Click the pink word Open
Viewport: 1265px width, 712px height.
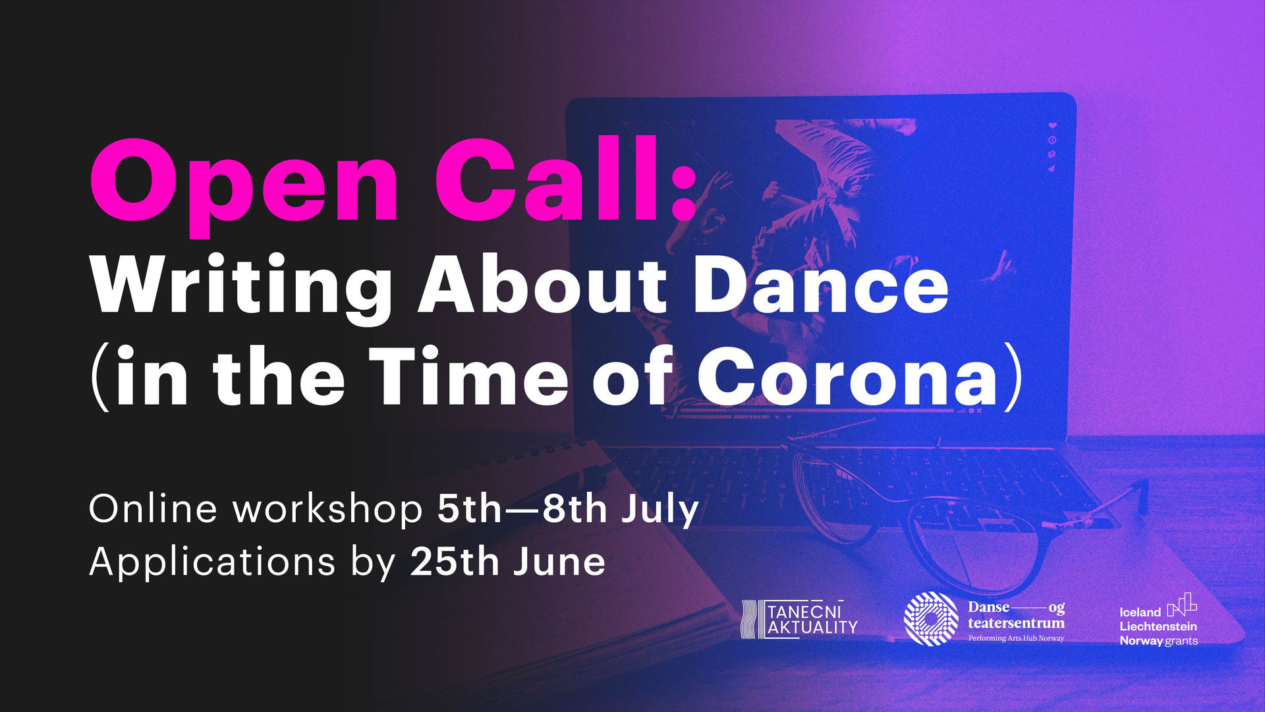point(244,186)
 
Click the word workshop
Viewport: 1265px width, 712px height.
point(328,508)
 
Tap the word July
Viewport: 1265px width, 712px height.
point(660,510)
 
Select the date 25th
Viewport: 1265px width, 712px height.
point(455,561)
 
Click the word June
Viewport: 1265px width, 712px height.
point(559,562)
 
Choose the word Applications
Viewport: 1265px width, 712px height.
point(212,562)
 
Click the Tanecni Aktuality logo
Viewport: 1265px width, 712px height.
point(799,619)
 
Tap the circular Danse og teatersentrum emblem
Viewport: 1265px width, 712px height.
point(931,618)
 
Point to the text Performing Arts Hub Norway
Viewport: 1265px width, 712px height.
point(1016,638)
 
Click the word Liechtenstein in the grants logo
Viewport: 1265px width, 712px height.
point(1158,626)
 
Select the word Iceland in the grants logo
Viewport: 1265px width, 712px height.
point(1140,612)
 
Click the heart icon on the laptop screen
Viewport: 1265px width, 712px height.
point(1053,125)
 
